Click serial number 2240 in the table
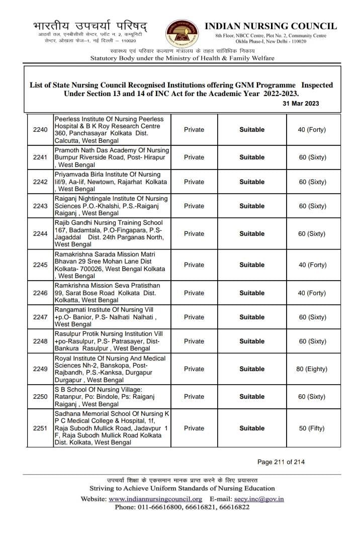click(40, 130)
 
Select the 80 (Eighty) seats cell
click(312, 369)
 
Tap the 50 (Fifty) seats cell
click(312, 428)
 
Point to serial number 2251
click(40, 428)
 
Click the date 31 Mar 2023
click(300, 104)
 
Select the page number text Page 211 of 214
click(281, 462)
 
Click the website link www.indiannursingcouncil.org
click(155, 499)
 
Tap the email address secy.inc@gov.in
click(259, 499)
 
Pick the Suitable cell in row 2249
click(252, 369)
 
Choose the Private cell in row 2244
click(194, 234)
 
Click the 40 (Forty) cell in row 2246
click(312, 293)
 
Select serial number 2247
click(40, 317)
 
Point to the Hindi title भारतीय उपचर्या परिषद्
click(90, 25)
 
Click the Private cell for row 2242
click(194, 182)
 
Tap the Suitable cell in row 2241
click(252, 157)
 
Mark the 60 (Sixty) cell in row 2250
click(312, 397)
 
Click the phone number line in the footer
click(182, 507)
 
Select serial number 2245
click(40, 265)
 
